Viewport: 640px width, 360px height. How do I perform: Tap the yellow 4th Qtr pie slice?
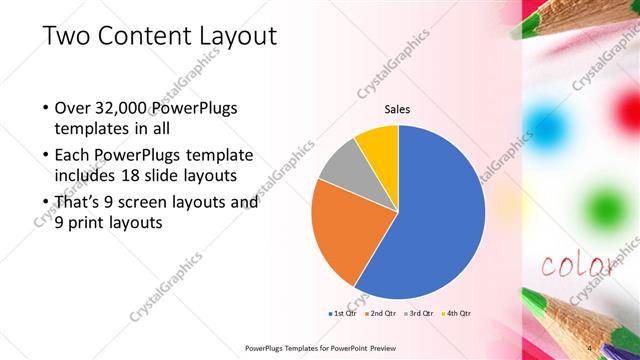[x=378, y=142]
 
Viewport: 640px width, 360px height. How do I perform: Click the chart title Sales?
[x=398, y=109]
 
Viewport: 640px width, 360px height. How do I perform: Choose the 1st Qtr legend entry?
[x=346, y=313]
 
